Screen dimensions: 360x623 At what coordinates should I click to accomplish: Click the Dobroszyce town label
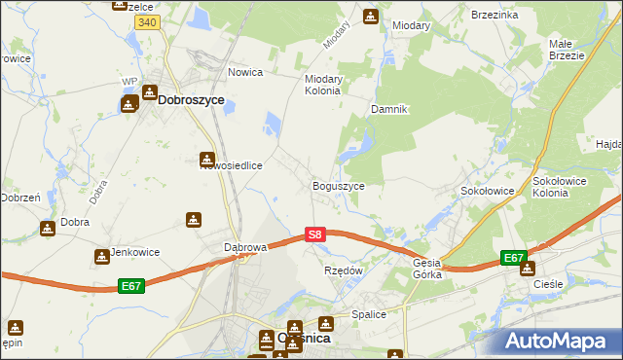pyautogui.click(x=191, y=99)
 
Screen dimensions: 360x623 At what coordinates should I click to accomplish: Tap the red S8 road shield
pyautogui.click(x=314, y=234)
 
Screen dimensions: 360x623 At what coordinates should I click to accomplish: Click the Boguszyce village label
pyautogui.click(x=338, y=185)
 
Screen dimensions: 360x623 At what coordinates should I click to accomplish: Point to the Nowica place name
pyautogui.click(x=246, y=71)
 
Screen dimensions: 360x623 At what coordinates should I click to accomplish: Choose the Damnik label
pyautogui.click(x=388, y=109)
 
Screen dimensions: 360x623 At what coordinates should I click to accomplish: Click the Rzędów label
pyautogui.click(x=343, y=270)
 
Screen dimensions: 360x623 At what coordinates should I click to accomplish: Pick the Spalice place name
pyautogui.click(x=370, y=314)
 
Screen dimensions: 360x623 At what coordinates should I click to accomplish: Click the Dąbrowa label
pyautogui.click(x=245, y=247)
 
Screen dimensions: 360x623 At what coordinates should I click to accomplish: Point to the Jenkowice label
pyautogui.click(x=134, y=252)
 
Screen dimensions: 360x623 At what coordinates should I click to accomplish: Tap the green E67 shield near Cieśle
pyautogui.click(x=514, y=258)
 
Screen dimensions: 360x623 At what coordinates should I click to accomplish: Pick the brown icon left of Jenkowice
pyautogui.click(x=101, y=257)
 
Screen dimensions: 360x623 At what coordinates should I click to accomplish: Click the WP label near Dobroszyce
pyautogui.click(x=128, y=82)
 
